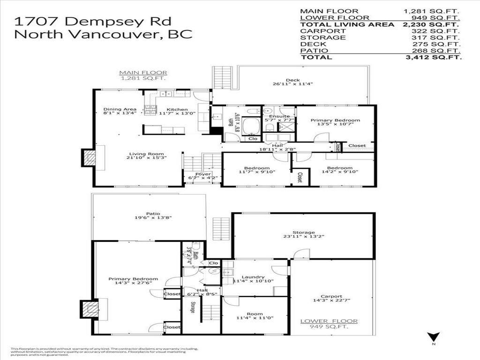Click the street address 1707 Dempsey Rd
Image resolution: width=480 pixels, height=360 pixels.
pos(93,21)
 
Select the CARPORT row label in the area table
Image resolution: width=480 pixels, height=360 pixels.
pos(316,31)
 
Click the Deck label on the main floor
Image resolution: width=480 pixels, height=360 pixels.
pos(292,80)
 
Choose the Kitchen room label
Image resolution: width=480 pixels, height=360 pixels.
pos(177,110)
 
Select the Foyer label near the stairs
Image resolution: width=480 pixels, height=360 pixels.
pos(203,174)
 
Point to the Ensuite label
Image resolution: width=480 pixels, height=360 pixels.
pos(279,116)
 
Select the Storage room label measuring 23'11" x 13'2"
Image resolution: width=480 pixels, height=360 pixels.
pos(303,232)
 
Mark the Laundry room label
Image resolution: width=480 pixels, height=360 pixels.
pos(253,277)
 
